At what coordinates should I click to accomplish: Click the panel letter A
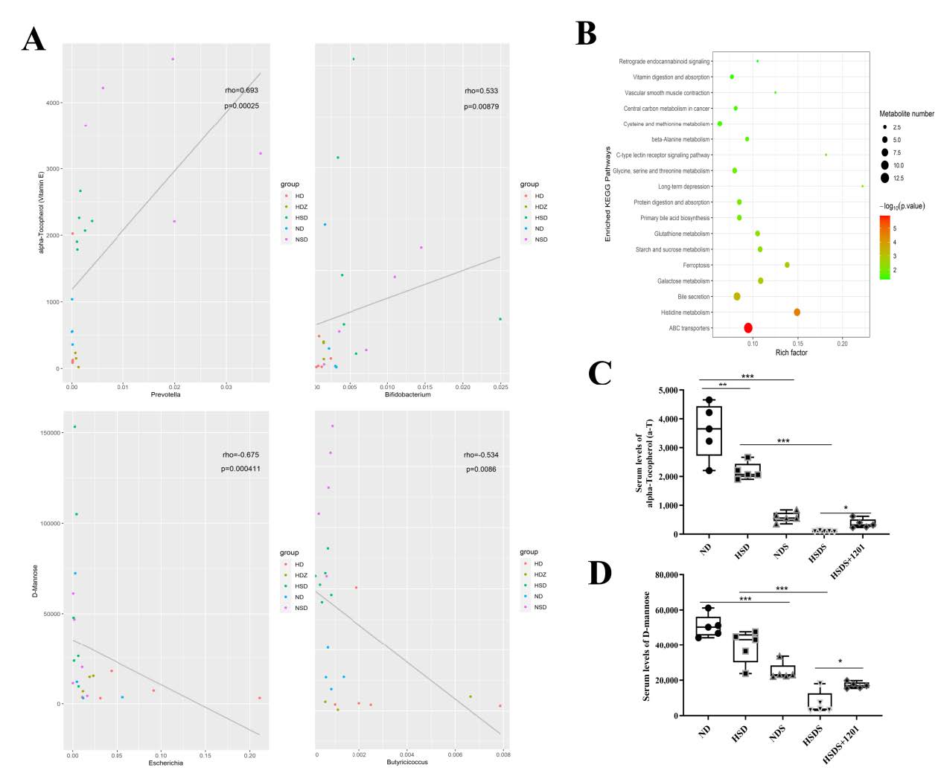34,39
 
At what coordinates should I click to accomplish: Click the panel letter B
586,33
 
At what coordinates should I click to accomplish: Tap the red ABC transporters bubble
748,328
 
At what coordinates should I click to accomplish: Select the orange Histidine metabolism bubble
797,312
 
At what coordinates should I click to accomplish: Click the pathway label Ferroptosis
696,266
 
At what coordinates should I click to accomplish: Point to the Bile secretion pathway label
693,297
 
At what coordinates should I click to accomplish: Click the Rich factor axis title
791,353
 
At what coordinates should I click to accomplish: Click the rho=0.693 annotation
241,91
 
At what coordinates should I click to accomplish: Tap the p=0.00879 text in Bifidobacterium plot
481,106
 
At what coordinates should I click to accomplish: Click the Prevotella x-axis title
165,394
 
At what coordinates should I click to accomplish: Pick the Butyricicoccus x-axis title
407,762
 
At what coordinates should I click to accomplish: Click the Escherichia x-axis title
165,763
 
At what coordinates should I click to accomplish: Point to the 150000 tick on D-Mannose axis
50,433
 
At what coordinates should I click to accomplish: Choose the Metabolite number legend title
906,114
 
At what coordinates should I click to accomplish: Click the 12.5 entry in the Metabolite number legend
898,178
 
